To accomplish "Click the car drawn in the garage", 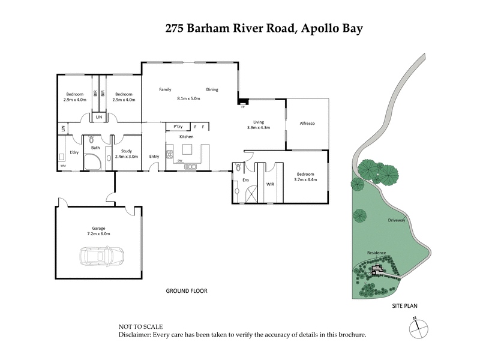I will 101,256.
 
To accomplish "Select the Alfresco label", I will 307,123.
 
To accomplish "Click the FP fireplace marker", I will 243,107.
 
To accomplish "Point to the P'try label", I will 178,127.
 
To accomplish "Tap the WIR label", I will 270,184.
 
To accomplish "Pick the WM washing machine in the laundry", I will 62,165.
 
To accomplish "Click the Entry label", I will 154,157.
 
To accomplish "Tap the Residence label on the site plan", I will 377,253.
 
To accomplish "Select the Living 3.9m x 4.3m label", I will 259,125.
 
